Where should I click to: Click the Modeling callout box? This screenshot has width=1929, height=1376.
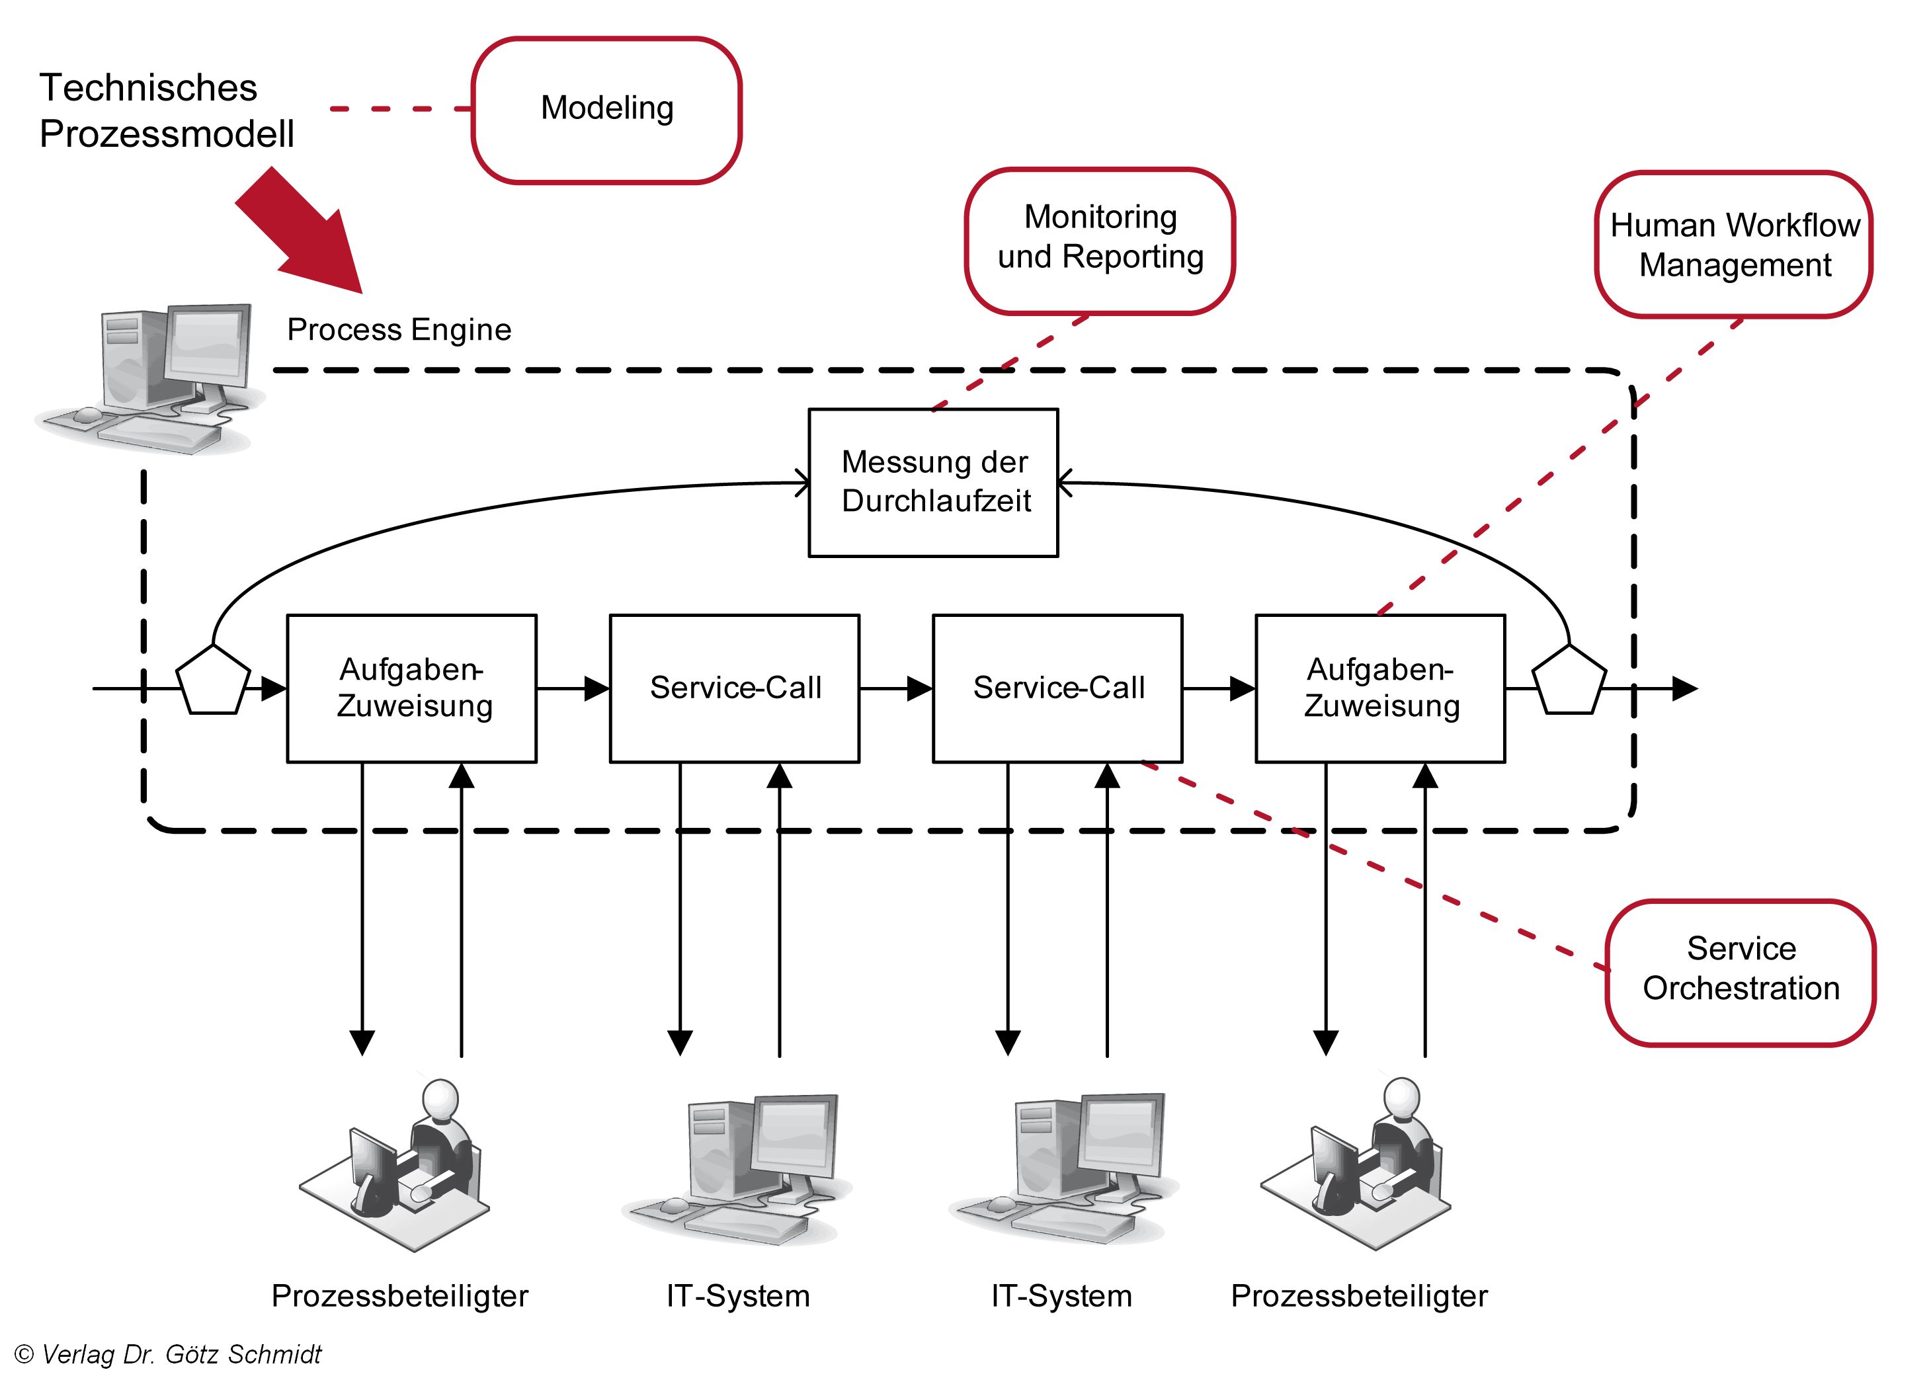606,110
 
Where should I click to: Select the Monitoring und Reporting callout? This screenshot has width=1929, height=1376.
1100,241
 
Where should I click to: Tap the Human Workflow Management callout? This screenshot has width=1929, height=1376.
1733,245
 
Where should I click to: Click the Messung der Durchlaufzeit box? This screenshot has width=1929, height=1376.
934,483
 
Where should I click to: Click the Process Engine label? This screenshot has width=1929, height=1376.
399,329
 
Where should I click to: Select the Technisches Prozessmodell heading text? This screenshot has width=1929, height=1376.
167,111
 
